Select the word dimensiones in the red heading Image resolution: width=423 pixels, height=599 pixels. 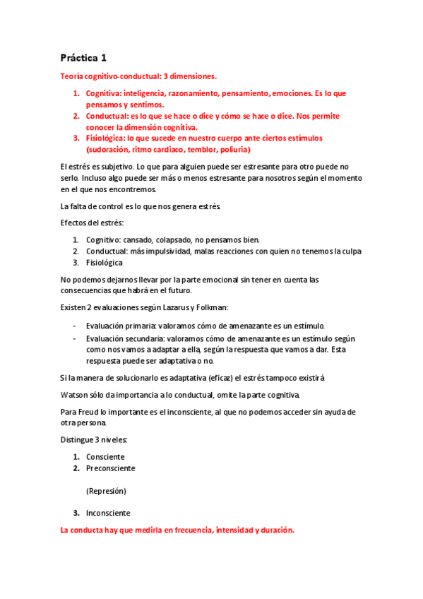click(191, 76)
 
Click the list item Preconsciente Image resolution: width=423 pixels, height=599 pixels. click(110, 468)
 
